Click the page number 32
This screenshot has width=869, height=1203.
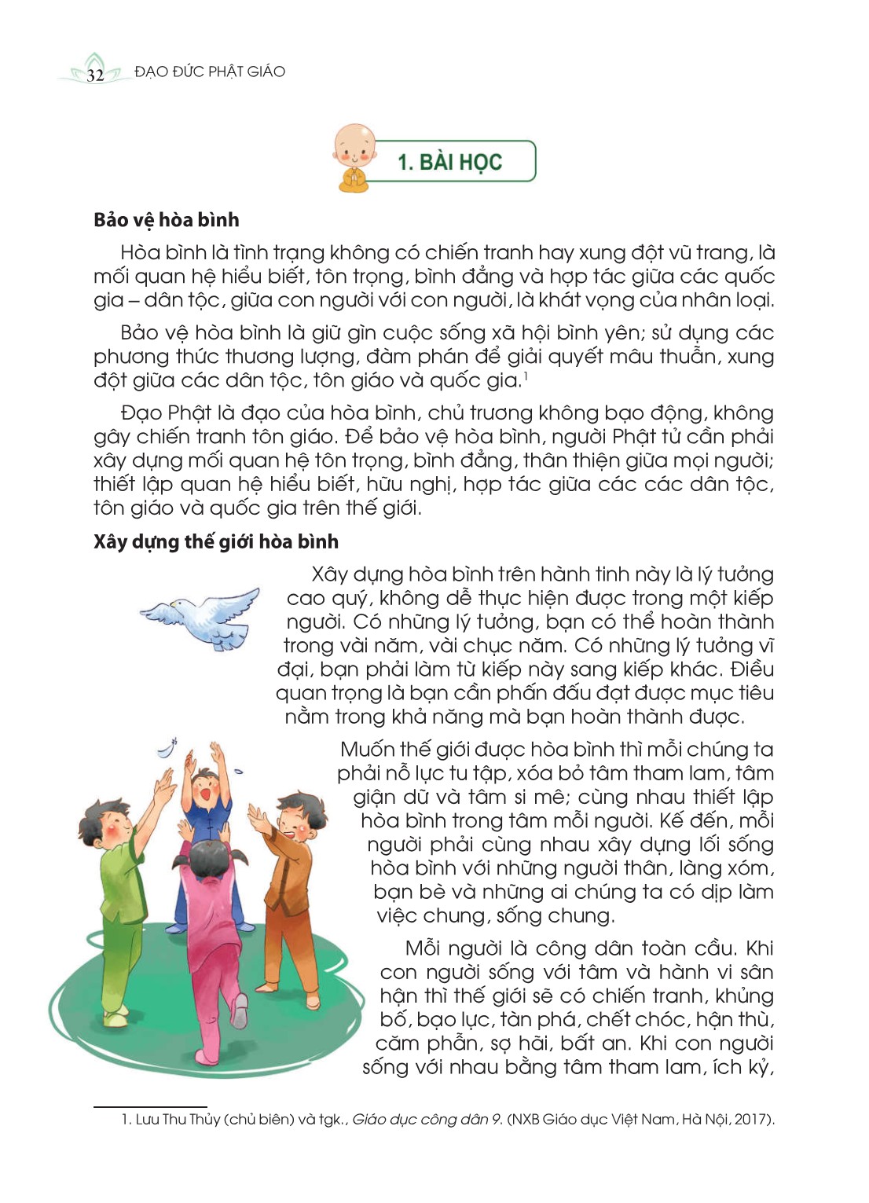coord(95,75)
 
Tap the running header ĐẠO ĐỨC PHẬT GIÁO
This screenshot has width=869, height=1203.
coord(210,72)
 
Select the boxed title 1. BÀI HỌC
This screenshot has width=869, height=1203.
coord(449,162)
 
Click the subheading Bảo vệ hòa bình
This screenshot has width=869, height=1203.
coord(167,220)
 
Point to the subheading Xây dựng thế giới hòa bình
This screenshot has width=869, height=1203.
coord(216,541)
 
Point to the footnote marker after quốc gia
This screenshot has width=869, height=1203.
coord(526,376)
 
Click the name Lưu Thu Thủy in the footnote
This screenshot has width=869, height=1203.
coord(178,1119)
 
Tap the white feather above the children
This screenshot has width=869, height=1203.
coord(167,748)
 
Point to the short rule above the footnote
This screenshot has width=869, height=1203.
coord(150,1106)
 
